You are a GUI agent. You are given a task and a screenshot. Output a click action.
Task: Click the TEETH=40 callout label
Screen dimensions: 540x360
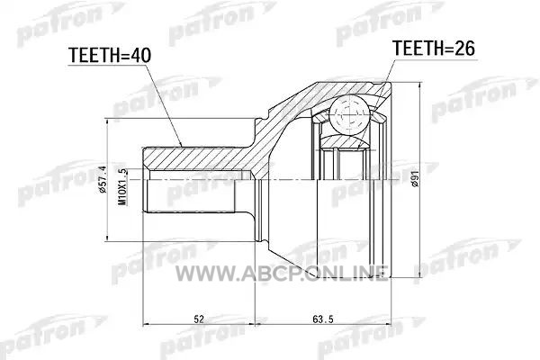point(110,55)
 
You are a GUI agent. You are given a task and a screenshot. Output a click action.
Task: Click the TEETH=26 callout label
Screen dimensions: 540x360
point(435,49)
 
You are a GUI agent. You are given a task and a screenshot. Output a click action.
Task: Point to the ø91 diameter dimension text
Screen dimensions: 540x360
point(416,179)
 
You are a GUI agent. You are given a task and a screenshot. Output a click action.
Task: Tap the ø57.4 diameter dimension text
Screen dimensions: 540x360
point(103,179)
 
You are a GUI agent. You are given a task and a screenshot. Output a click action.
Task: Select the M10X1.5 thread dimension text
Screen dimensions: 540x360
point(122,187)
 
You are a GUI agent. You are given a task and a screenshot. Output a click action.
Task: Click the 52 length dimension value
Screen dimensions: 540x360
point(199,319)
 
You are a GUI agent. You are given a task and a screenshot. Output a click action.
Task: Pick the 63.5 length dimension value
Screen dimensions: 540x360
point(323,319)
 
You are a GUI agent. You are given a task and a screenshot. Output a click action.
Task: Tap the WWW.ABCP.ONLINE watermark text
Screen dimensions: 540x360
point(282,274)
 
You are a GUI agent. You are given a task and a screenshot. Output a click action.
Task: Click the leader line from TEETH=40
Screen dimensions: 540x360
point(163,104)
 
